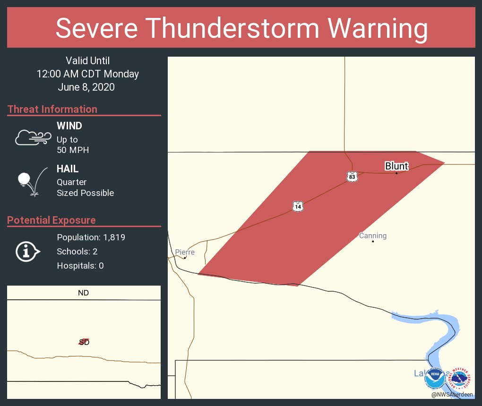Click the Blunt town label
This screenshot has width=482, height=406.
tap(396, 166)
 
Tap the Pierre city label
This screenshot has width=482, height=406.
tap(185, 252)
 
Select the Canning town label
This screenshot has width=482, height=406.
tap(373, 236)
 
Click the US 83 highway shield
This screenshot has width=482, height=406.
tap(352, 177)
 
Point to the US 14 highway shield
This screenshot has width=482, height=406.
tap(297, 206)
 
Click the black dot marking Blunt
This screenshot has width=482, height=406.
tap(396, 173)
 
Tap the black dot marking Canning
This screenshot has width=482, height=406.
tap(373, 242)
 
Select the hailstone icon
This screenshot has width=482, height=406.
tap(25, 179)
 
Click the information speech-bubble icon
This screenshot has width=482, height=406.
tap(28, 252)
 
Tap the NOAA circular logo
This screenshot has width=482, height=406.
tap(435, 378)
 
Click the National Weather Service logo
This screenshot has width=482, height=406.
tap(461, 378)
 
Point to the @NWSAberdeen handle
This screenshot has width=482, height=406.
tap(452, 394)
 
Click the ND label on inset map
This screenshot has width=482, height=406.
tap(83, 293)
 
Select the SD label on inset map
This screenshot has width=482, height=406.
tap(84, 342)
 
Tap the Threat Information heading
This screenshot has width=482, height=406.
tap(52, 110)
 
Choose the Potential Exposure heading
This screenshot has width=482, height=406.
tap(52, 220)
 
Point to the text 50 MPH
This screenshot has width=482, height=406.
tap(73, 150)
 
